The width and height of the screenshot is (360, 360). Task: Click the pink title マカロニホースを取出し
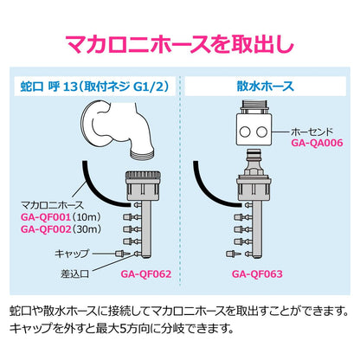[x=180, y=44]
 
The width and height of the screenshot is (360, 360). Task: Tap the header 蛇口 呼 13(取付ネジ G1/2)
[x=94, y=87]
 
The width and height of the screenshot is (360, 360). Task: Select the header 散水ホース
[x=265, y=87]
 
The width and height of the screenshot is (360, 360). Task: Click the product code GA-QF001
[x=46, y=217]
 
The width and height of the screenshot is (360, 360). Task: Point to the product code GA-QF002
[x=46, y=229]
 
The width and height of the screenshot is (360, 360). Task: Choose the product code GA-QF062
[x=146, y=273]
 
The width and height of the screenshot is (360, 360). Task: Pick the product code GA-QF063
[x=257, y=273]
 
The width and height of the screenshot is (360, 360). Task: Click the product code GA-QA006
[x=317, y=143]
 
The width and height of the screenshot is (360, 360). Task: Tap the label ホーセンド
[x=312, y=132]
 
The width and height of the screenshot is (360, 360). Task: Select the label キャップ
[x=72, y=254]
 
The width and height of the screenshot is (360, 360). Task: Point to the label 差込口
[x=74, y=273]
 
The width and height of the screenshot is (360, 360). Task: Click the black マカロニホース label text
[x=52, y=205]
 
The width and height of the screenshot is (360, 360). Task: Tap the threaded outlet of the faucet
[x=143, y=153]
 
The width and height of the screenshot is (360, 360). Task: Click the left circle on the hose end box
[x=245, y=132]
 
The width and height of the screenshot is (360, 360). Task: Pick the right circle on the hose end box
[x=261, y=132]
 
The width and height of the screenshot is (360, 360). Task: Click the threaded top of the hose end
[x=254, y=106]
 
